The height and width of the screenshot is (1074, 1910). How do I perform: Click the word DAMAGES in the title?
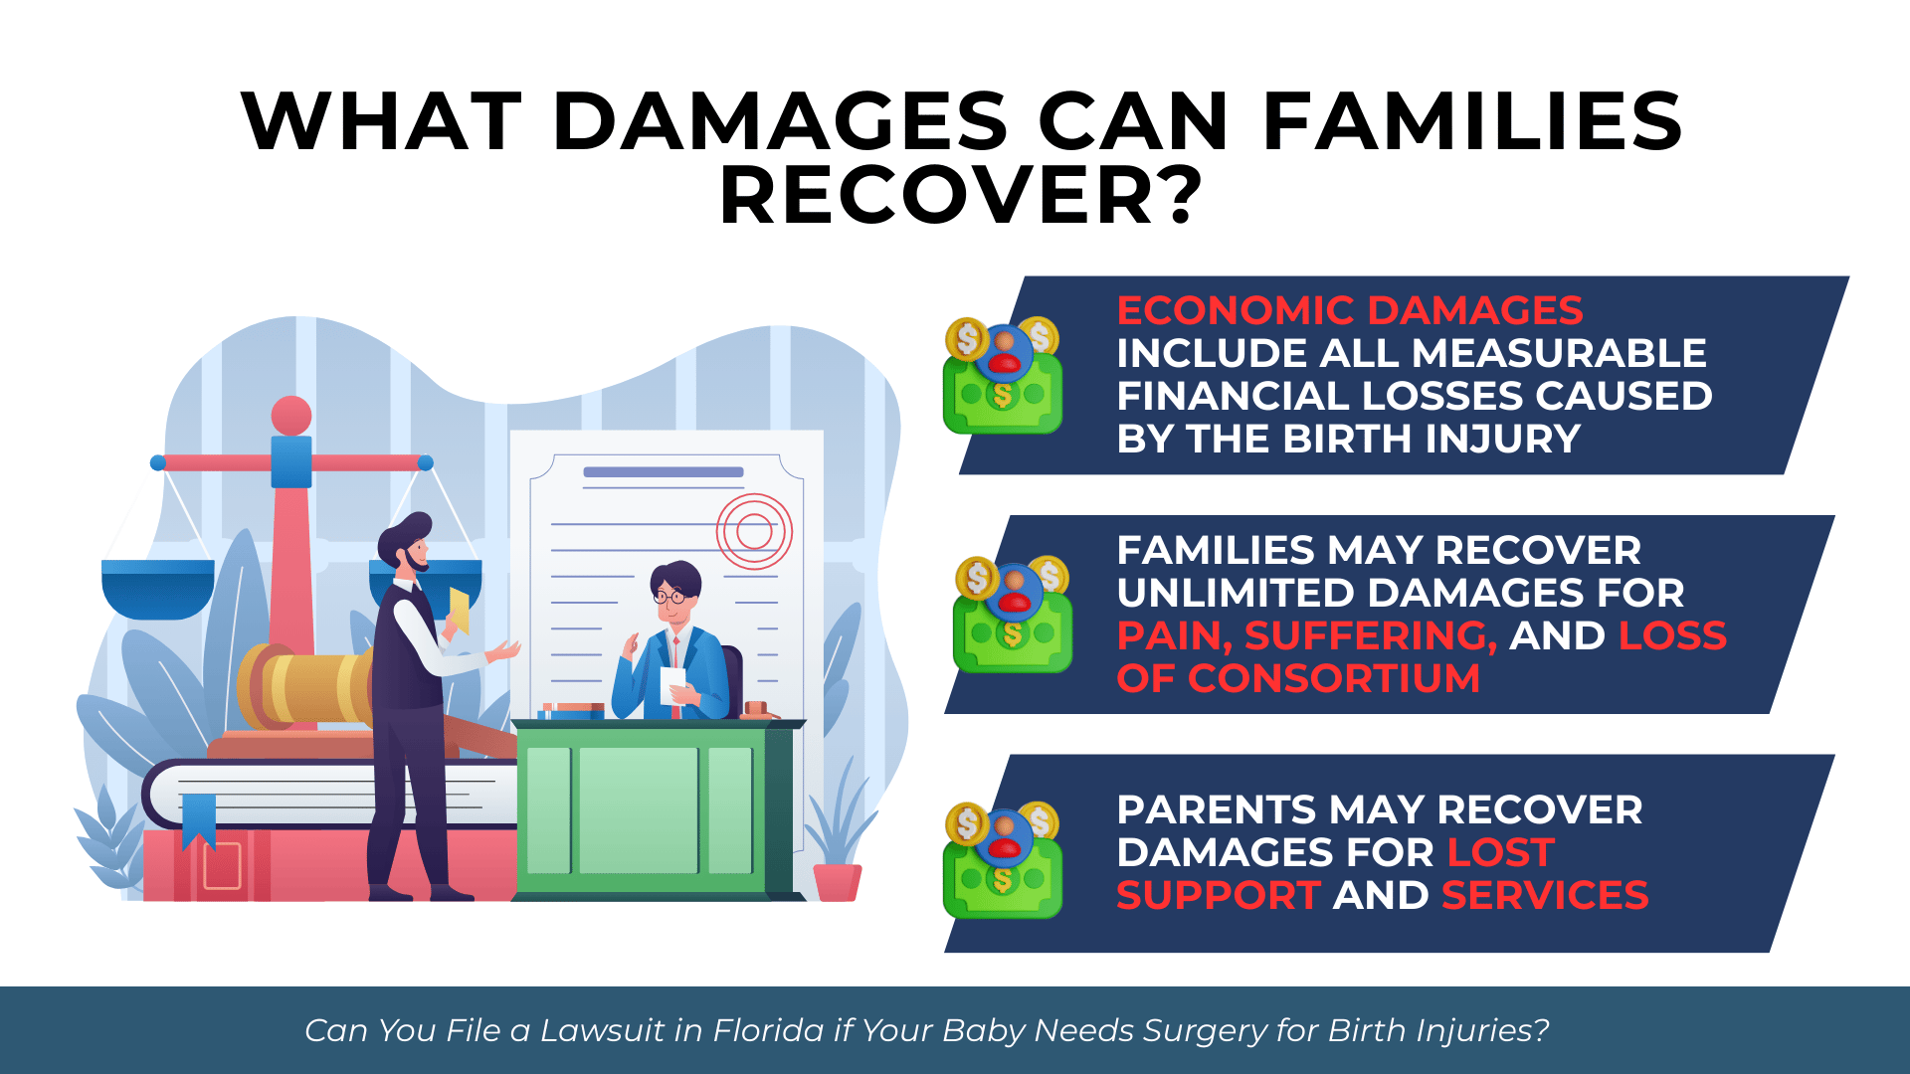[x=780, y=121]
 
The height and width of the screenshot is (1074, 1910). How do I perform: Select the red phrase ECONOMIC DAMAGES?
[x=1349, y=310]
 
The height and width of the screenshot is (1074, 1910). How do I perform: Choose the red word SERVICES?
[x=1545, y=896]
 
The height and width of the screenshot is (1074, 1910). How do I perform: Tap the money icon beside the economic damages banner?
[x=1002, y=376]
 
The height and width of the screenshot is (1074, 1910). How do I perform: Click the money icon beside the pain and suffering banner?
[x=1012, y=615]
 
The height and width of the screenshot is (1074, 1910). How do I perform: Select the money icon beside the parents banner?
[x=1002, y=859]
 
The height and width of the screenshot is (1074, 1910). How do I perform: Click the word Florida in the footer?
[x=768, y=1030]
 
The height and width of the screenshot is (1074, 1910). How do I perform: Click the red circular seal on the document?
[x=754, y=531]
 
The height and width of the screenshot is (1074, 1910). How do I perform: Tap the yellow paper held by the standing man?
[x=459, y=609]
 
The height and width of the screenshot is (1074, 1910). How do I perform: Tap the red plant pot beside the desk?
[x=837, y=882]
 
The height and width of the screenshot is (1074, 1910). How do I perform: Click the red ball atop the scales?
[x=290, y=415]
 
